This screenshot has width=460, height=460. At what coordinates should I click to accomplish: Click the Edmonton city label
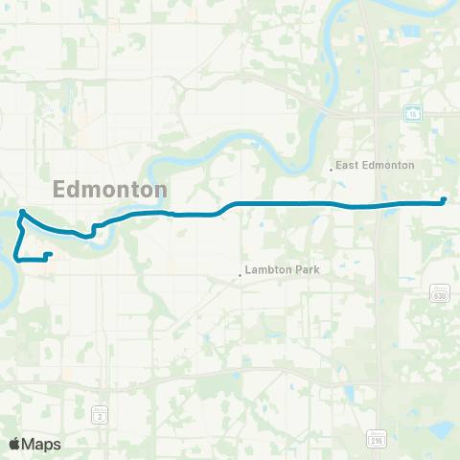[x=111, y=189]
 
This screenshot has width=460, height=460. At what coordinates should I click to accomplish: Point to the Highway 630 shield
[x=439, y=294]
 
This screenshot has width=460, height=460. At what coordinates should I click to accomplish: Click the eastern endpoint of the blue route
[x=444, y=200]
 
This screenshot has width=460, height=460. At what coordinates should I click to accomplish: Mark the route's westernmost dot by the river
[x=22, y=212]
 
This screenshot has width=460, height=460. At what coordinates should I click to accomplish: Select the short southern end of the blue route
[x=48, y=254]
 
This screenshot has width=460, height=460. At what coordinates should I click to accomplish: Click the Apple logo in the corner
[x=14, y=444]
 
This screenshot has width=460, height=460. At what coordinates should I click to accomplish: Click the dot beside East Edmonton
[x=331, y=170]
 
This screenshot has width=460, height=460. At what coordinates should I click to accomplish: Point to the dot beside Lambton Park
[x=240, y=276]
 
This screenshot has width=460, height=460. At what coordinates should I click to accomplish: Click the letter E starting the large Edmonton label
[x=63, y=189]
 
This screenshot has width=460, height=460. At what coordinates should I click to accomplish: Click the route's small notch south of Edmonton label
[x=93, y=230]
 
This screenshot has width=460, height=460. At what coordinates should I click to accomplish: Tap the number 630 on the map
[x=439, y=296]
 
